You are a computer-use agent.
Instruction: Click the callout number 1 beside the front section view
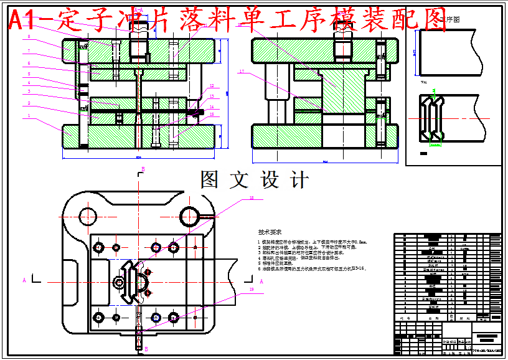[x=29, y=116]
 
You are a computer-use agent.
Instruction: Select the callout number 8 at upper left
[x=29, y=37]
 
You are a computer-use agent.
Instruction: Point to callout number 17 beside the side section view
[x=241, y=72]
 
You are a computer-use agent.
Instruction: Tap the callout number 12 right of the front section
[x=211, y=86]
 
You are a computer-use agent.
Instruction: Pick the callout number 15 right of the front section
[x=211, y=115]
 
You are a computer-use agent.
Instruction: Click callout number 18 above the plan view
[x=251, y=198]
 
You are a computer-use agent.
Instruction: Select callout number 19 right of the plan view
[x=251, y=290]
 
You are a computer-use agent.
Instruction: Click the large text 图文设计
[x=254, y=180]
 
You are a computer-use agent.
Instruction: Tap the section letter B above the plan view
[x=143, y=169]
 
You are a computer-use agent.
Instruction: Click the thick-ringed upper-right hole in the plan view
[x=189, y=216]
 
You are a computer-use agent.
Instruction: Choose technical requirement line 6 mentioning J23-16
[x=312, y=269]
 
